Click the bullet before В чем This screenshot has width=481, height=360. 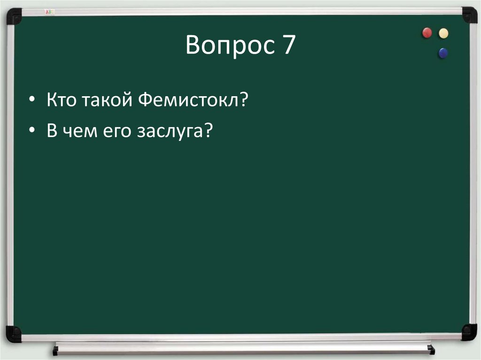click(31, 132)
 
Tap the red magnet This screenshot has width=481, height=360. click(427, 33)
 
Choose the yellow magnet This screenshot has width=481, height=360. click(443, 33)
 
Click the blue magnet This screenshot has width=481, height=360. click(442, 53)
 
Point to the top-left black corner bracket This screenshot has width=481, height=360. click(14, 16)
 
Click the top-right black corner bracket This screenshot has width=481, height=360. click(469, 15)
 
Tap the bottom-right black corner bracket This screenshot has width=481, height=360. click(468, 332)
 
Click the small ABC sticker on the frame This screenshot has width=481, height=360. click(49, 11)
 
